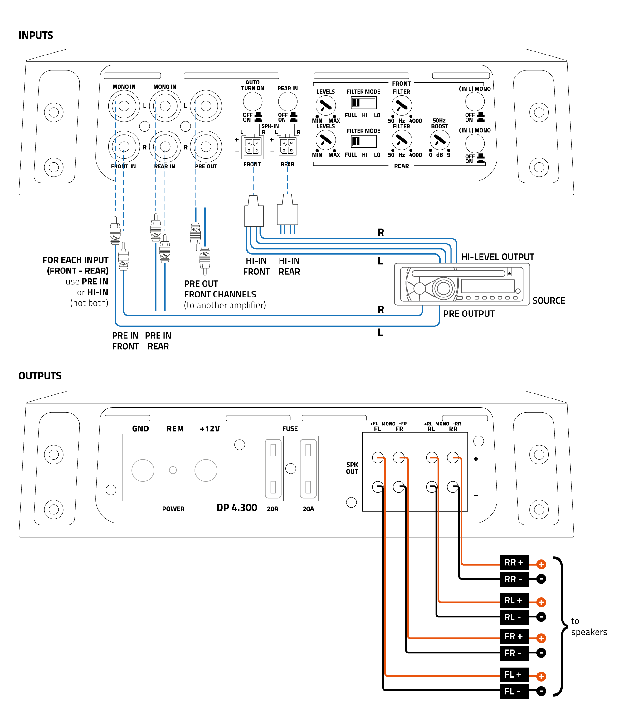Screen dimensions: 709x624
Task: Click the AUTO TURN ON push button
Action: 252,102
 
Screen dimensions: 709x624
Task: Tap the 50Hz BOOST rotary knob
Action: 439,140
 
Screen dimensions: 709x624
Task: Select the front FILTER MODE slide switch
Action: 363,103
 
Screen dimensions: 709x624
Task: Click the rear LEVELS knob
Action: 325,140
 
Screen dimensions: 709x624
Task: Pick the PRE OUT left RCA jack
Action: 206,106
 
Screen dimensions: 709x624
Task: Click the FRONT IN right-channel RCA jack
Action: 124,146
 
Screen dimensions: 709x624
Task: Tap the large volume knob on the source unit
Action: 443,288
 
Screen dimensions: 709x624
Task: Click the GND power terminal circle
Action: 143,470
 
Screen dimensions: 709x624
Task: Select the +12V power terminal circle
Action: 206,470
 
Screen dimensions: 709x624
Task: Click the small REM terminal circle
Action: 173,470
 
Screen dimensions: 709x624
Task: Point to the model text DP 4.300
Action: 237,508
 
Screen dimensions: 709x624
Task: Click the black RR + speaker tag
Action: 514,563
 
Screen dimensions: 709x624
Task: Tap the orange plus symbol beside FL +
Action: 541,676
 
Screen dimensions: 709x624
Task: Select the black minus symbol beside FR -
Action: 541,653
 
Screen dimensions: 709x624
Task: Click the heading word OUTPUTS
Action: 40,376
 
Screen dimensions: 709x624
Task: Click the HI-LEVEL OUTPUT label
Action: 497,257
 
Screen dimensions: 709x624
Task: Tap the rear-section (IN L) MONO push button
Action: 475,143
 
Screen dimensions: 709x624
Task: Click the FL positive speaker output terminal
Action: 378,457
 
